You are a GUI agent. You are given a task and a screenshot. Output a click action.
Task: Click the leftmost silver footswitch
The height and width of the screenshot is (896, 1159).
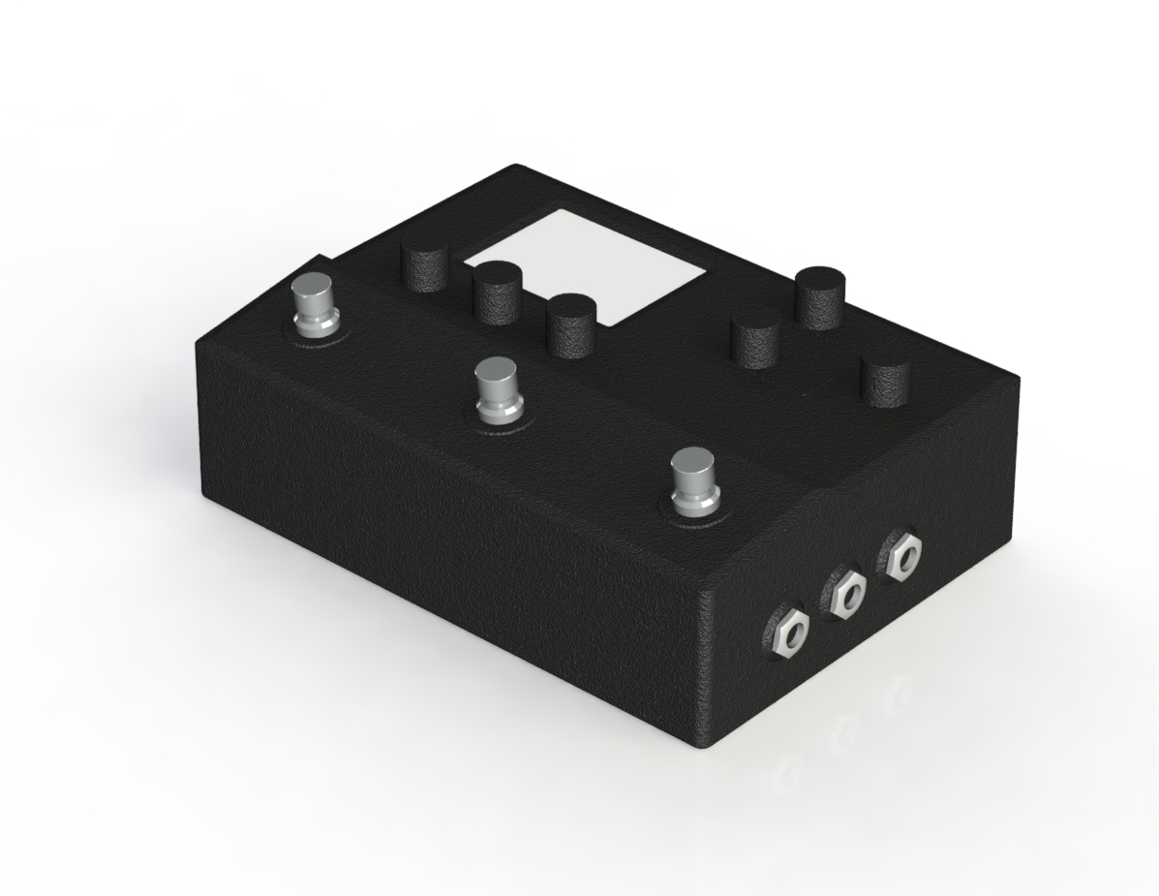click(x=314, y=304)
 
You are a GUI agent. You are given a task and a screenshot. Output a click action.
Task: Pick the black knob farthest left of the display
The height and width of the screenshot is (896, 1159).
click(x=426, y=266)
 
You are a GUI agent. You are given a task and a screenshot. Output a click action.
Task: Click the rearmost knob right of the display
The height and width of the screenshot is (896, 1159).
click(x=820, y=296)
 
